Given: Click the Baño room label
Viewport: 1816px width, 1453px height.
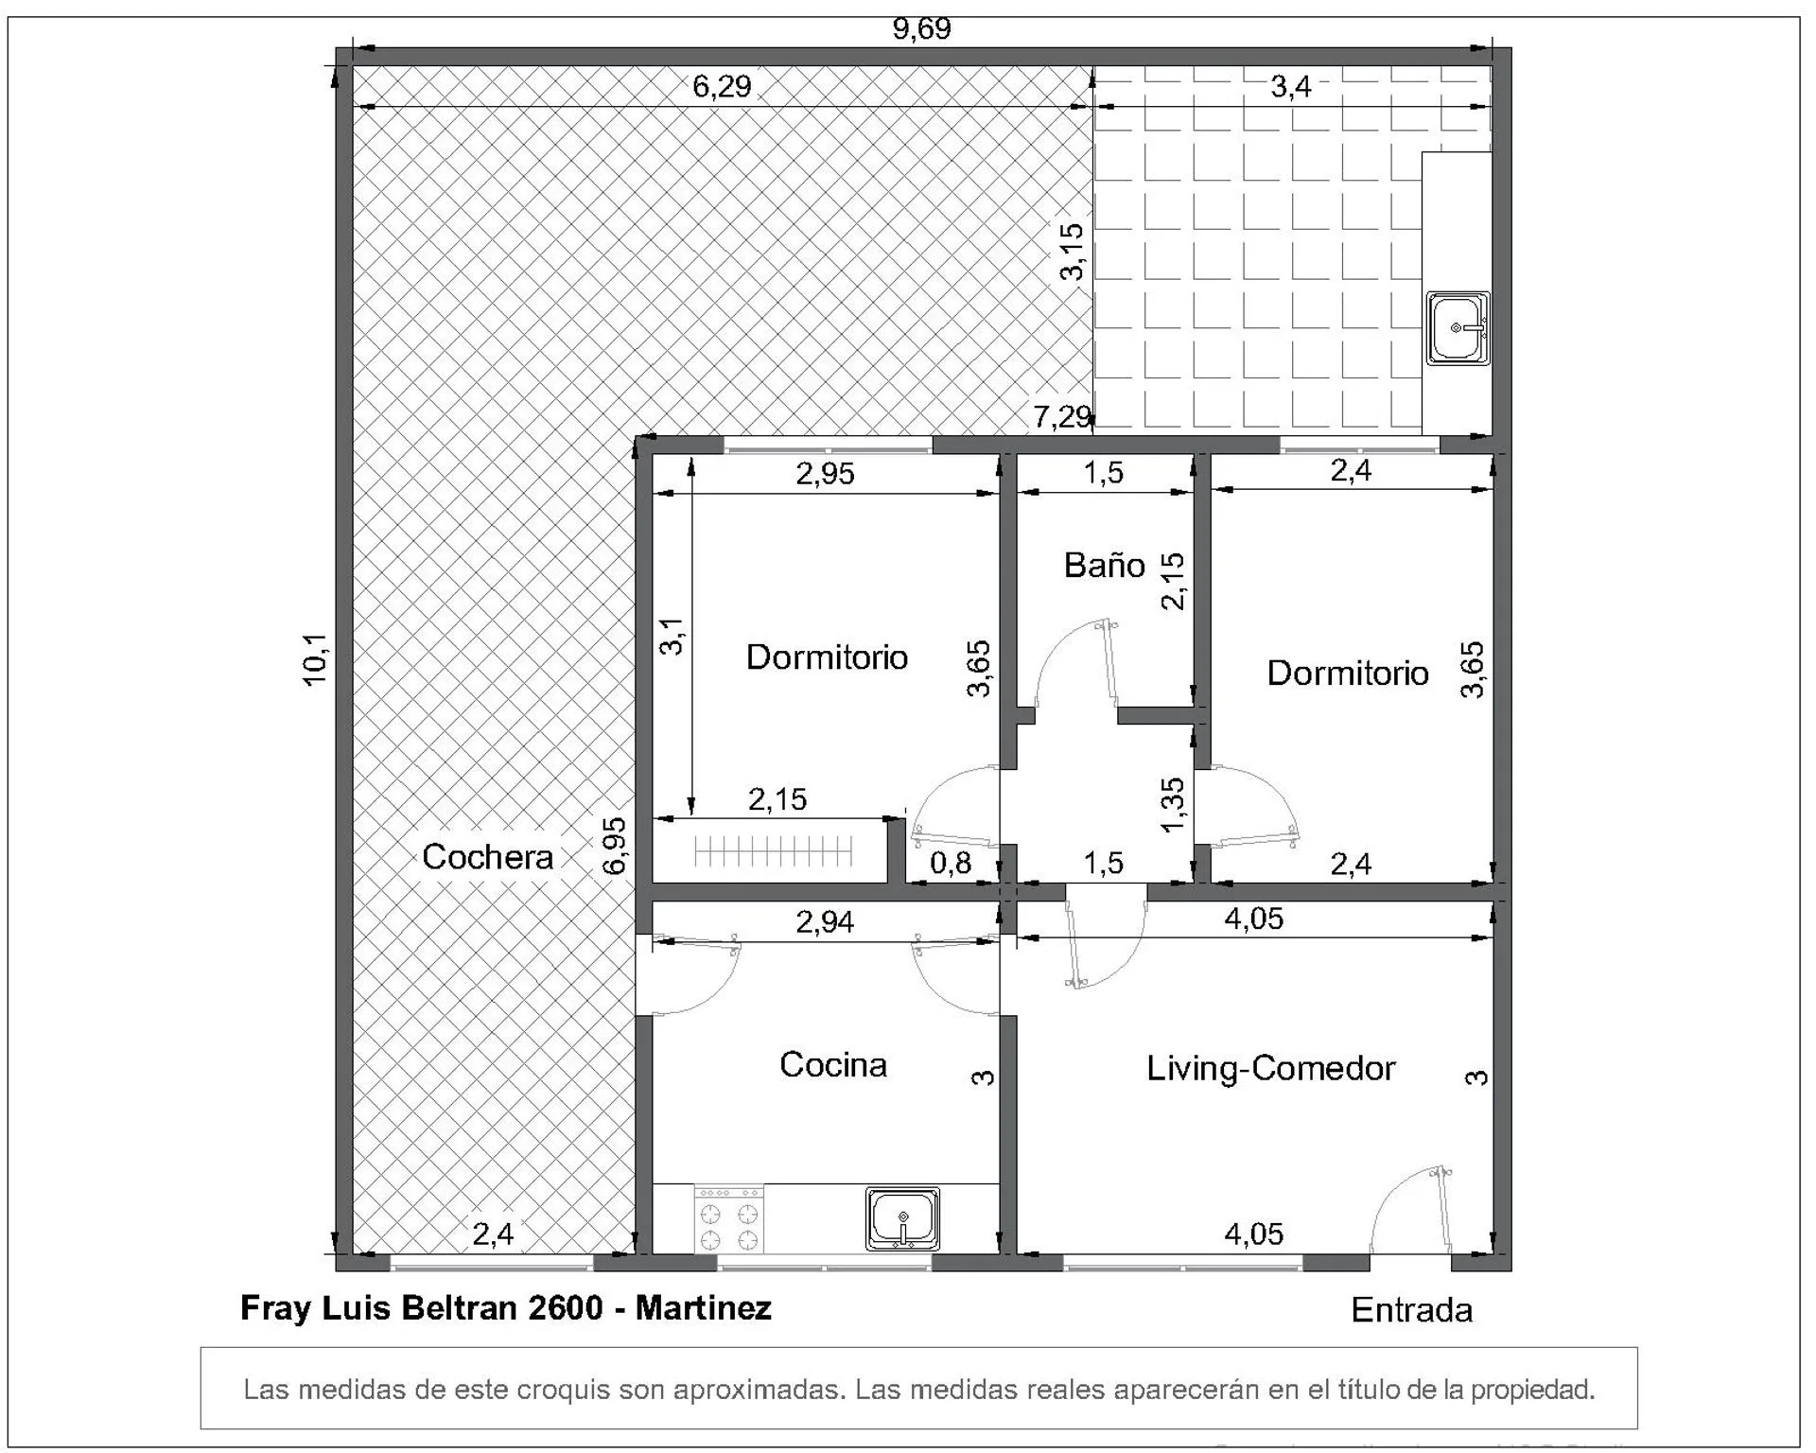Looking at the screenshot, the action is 1104,566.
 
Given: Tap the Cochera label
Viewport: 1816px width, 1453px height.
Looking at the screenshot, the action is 487,856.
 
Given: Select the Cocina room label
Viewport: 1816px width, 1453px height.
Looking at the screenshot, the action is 833,1064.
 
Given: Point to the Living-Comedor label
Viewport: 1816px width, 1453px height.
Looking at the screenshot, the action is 1270,1068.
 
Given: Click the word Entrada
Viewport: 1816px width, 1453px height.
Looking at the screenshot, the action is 1411,1309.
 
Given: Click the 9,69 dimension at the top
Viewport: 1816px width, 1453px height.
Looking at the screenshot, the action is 921,28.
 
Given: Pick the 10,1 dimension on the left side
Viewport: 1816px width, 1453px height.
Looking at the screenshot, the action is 315,659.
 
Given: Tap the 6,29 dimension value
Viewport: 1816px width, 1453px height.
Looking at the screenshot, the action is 722,86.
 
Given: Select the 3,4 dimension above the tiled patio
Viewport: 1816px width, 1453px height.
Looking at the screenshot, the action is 1290,86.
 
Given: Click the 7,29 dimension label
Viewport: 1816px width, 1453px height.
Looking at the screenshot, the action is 1062,416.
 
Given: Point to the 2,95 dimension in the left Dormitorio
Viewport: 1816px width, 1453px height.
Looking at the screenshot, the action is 825,473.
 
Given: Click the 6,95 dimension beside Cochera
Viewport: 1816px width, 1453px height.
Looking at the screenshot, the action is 615,846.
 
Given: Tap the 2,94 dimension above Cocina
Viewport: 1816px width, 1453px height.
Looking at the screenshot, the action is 825,920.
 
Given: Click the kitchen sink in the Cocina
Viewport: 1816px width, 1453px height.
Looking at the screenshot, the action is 902,1218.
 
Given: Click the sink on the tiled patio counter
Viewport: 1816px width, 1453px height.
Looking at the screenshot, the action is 1458,328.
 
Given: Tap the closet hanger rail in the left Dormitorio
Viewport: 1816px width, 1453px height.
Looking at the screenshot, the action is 774,851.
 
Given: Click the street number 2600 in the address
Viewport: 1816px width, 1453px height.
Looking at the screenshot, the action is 566,1307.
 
